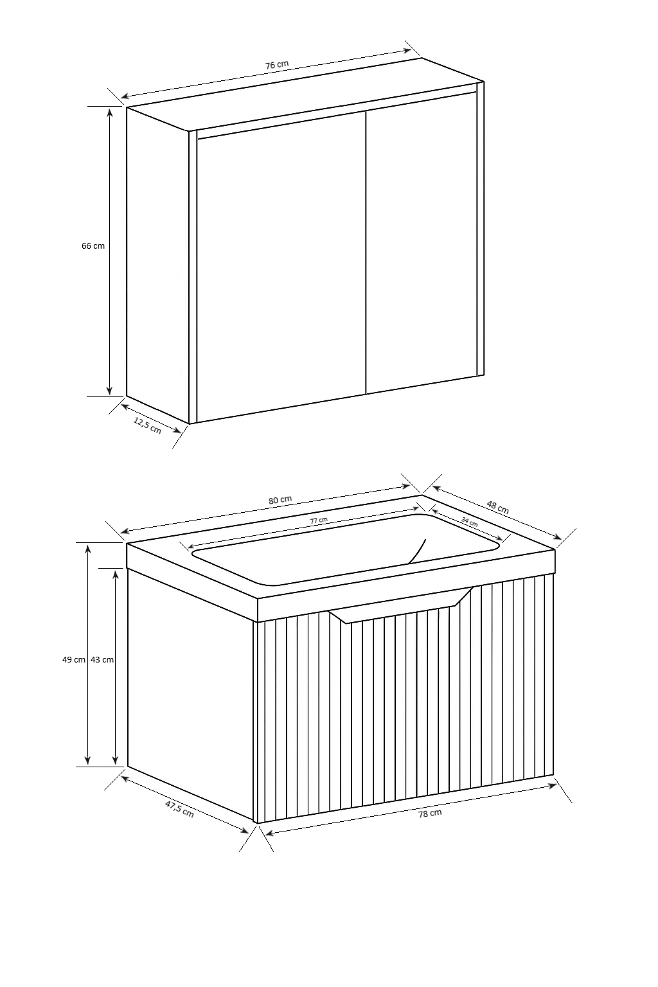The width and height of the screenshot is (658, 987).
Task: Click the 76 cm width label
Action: click(277, 64)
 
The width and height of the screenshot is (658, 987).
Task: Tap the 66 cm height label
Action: click(93, 246)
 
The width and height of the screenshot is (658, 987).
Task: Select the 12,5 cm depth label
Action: click(148, 425)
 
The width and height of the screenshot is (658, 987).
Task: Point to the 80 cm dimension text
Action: click(280, 500)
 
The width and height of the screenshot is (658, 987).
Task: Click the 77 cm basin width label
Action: click(319, 520)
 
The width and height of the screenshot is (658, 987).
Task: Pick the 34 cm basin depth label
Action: click(469, 522)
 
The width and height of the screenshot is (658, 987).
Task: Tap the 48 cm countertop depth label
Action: click(497, 507)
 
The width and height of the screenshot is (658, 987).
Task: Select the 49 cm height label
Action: click(74, 660)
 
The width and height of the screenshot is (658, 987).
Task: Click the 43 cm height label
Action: click(102, 660)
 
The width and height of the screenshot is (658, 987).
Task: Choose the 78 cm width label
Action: click(430, 813)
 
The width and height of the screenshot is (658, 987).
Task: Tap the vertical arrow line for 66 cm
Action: click(109, 252)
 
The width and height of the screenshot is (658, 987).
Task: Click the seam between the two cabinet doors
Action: click(366, 253)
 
